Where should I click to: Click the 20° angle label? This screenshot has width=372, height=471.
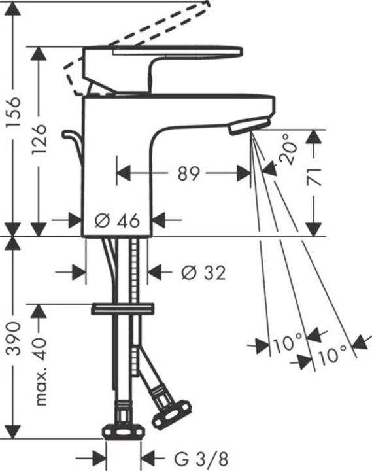286,149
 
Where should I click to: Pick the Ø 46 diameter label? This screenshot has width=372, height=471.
117,220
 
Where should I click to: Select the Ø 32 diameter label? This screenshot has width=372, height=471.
203,272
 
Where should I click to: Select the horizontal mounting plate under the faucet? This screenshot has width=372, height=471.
122,307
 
